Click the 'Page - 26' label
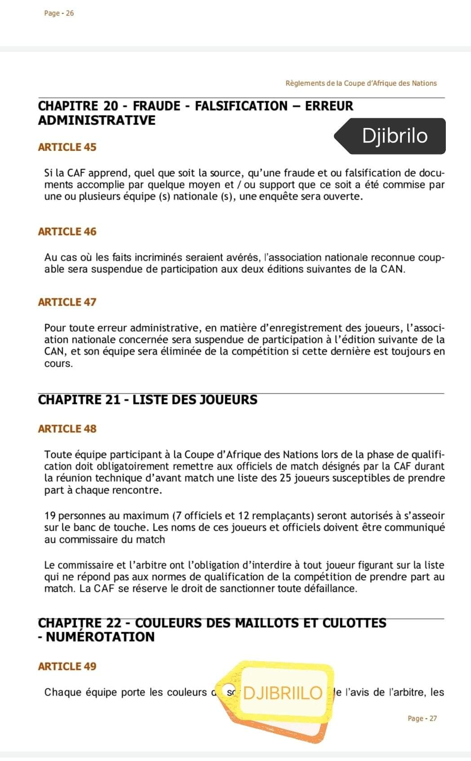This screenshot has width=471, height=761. tap(59, 13)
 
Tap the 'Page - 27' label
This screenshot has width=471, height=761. tap(422, 718)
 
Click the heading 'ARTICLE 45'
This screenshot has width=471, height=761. tap(67, 147)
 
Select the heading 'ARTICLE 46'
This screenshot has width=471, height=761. tap(67, 232)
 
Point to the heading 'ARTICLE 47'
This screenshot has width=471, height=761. tap(67, 302)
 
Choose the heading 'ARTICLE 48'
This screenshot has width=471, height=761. tap(67, 429)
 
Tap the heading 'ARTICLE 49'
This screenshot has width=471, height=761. tap(67, 667)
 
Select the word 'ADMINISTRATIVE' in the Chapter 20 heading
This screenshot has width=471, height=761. tap(97, 120)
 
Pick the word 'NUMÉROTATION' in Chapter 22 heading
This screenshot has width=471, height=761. tap(100, 637)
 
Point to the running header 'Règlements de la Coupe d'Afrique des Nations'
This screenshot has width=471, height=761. tap(361, 83)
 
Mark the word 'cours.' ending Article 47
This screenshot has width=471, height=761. tap(58, 363)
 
